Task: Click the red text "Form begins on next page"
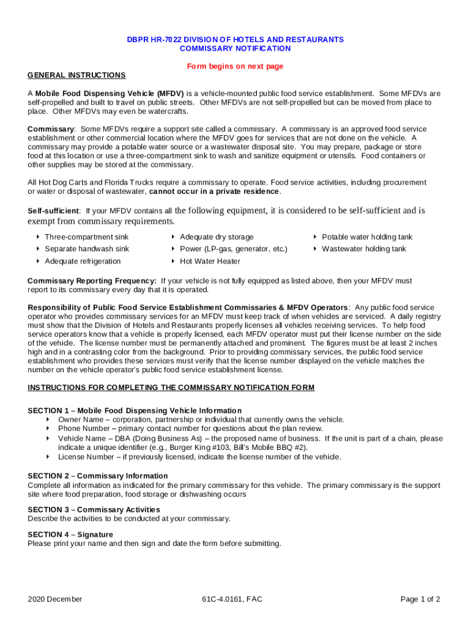click(235, 66)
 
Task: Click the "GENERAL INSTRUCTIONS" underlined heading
click(76, 75)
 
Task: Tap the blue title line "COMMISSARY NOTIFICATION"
click(235, 48)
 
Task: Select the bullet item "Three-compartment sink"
click(86, 237)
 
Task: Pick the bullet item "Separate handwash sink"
click(86, 249)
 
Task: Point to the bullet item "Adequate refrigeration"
click(83, 261)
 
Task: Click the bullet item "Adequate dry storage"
click(217, 237)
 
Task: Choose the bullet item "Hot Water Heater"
click(210, 261)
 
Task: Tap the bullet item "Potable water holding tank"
click(367, 237)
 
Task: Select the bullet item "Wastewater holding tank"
click(364, 249)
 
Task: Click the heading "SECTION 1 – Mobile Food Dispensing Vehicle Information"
click(135, 410)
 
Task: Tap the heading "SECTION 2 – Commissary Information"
click(98, 476)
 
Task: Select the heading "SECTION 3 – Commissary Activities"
click(94, 509)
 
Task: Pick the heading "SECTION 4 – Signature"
click(70, 534)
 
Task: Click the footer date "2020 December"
click(55, 599)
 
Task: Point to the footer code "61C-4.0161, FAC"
click(232, 599)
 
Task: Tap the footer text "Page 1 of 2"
click(420, 599)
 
